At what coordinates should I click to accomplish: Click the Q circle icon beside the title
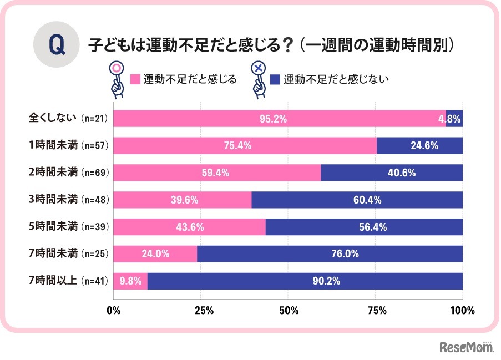pos(57,45)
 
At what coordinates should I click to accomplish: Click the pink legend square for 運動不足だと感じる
pos(135,79)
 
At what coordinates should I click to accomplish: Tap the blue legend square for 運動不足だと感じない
pos(275,79)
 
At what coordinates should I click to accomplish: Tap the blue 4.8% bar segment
pos(454,119)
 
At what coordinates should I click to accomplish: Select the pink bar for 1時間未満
pos(245,146)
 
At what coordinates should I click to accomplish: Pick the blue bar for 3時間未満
pos(357,200)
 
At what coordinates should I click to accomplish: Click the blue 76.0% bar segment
pos(330,255)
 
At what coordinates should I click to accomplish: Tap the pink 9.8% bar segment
pos(130,282)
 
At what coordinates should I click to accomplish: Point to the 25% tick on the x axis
pos(201,311)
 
